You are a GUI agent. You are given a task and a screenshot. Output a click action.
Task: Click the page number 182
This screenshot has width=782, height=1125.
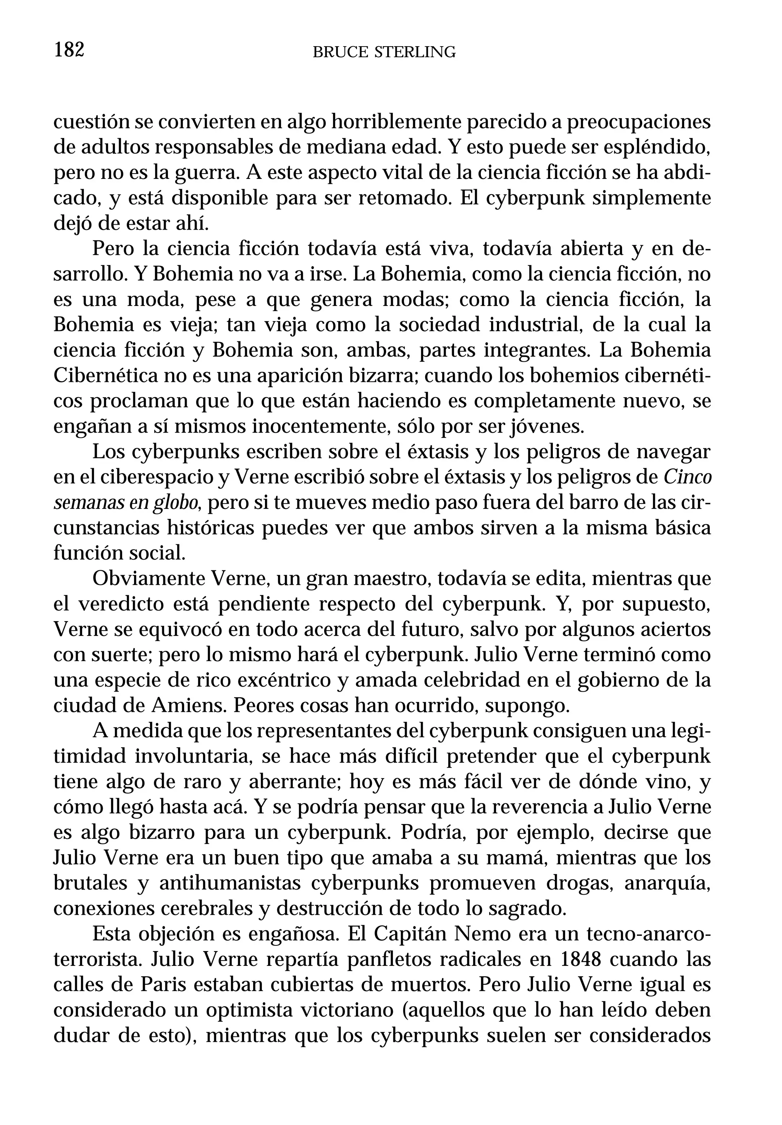69,50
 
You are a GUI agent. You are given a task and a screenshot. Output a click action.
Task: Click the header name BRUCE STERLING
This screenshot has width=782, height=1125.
384,52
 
